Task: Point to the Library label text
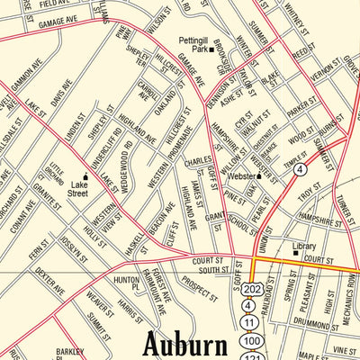pyautogui.click(x=303, y=245)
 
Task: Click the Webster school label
pyautogui.click(x=240, y=176)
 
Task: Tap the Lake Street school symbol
pyautogui.click(x=86, y=177)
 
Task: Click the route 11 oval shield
pyautogui.click(x=248, y=323)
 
